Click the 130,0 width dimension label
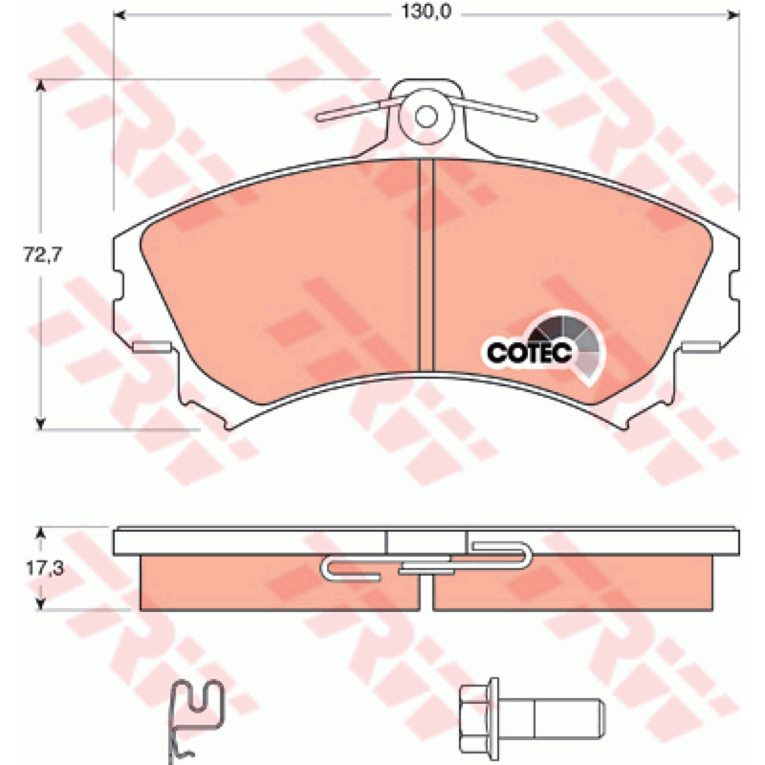click(x=426, y=11)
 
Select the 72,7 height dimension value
click(x=43, y=254)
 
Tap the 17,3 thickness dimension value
click(x=45, y=568)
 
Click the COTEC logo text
click(x=529, y=352)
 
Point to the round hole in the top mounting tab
click(x=426, y=116)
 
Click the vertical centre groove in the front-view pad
click(x=426, y=265)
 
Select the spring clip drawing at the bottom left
click(x=196, y=721)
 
